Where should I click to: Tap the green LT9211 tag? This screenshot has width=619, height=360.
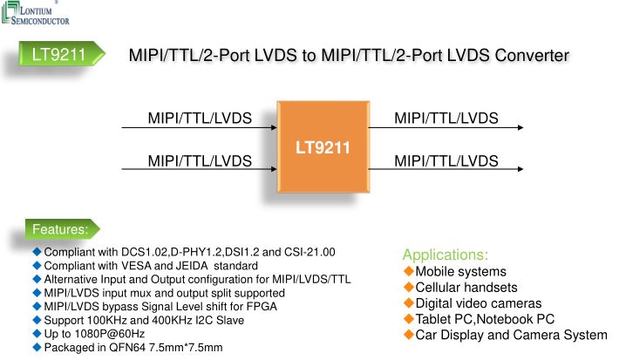tap(58, 57)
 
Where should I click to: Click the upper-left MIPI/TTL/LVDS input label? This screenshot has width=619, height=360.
tap(200, 118)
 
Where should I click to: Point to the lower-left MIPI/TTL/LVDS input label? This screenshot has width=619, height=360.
tap(200, 160)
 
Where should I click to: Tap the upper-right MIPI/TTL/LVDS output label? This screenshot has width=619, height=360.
tap(446, 118)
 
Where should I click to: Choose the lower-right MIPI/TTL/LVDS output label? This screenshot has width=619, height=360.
tap(446, 160)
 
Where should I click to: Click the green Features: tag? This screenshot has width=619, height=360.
tap(60, 229)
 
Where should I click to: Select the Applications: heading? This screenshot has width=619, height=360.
tap(445, 255)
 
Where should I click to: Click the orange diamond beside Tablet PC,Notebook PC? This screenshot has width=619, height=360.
tap(408, 319)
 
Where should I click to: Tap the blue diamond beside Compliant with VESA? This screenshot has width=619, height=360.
tap(37, 265)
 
